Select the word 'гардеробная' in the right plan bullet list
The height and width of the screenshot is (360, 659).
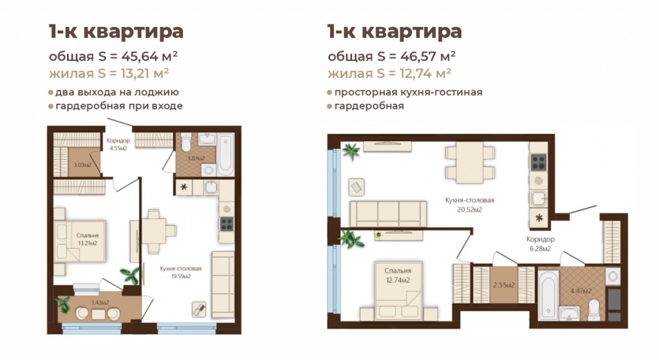369,106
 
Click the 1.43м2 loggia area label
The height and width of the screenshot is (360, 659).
98,302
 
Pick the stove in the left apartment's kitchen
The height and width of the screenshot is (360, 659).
227,223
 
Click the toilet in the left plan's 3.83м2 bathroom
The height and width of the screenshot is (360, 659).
184,141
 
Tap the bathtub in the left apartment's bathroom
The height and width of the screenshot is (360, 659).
225,155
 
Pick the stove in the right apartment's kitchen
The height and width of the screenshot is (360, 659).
538,162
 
